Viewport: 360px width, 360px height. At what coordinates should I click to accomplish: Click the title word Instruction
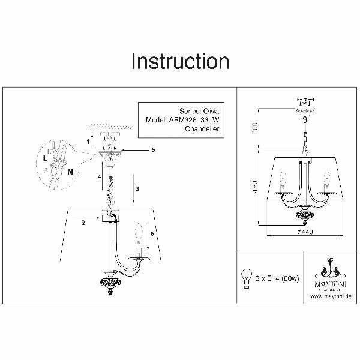180,62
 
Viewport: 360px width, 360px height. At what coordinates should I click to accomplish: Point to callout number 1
88,142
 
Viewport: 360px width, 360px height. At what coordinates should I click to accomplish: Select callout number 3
137,189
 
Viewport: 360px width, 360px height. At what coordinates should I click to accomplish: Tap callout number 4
100,176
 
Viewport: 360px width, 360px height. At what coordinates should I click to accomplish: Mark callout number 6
153,233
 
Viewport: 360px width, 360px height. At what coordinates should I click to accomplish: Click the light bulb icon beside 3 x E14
245,277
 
